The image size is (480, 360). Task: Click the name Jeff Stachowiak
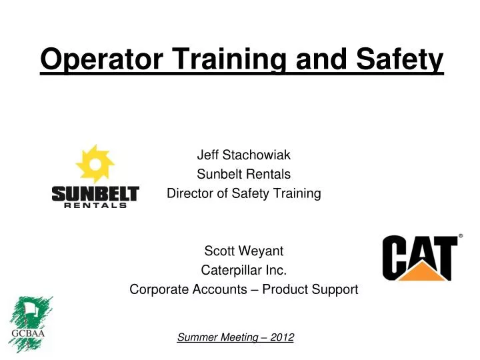click(243, 155)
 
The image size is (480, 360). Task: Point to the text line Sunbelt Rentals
click(243, 175)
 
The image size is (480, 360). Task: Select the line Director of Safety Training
click(243, 194)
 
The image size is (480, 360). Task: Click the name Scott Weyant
click(243, 251)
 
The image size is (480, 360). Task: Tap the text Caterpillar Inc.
click(243, 271)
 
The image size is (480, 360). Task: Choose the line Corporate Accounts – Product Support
click(243, 290)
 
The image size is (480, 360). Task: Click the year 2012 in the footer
click(282, 337)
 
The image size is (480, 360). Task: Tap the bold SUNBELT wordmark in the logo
click(95, 193)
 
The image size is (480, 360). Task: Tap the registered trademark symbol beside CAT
click(461, 236)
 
